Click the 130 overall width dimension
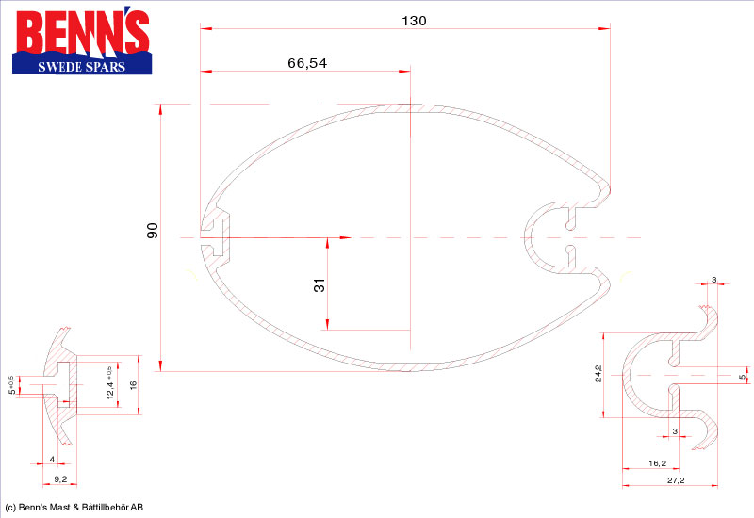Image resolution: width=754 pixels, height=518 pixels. click(414, 21)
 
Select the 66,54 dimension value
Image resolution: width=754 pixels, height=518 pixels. click(307, 63)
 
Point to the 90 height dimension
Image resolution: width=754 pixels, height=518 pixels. click(153, 231)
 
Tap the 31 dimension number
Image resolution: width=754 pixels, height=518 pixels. click(320, 285)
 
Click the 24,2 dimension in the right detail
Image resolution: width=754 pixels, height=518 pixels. click(598, 374)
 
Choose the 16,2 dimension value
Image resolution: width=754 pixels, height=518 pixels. click(657, 463)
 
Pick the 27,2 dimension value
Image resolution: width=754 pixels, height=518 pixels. click(676, 480)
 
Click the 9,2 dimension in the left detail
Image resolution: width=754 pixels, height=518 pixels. click(60, 479)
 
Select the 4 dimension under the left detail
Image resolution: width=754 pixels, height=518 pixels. click(53, 460)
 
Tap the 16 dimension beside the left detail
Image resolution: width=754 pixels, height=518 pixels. click(133, 385)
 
